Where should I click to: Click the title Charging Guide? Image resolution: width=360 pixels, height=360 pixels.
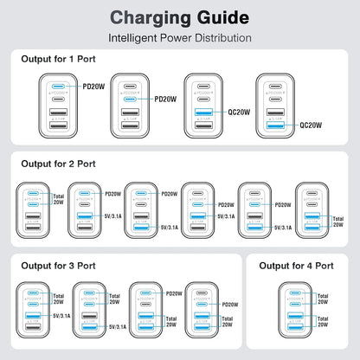pyautogui.click(x=179, y=17)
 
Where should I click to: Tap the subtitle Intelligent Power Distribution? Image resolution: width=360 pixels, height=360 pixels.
pyautogui.click(x=179, y=38)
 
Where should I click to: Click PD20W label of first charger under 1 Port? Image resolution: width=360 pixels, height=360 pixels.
pyautogui.click(x=93, y=87)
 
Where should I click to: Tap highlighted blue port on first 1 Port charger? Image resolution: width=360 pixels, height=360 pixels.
pyautogui.click(x=58, y=87)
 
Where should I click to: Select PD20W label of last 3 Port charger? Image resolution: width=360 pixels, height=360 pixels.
pyautogui.click(x=230, y=305)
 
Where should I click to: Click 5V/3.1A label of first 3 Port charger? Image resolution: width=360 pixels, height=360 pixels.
pyautogui.click(x=61, y=316)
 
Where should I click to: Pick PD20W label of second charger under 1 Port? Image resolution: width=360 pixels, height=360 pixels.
pyautogui.click(x=165, y=100)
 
